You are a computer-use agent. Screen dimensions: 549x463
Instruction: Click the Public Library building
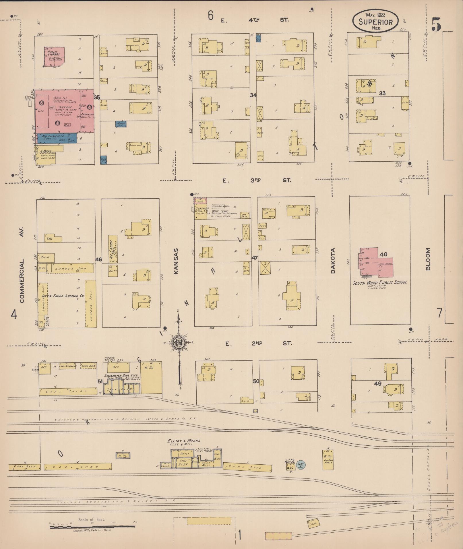pos(54,56)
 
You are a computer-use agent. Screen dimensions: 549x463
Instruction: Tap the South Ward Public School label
pos(379,282)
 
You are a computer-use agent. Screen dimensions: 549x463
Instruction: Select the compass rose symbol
pos(179,342)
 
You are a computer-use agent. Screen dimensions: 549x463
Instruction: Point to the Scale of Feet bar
pos(92,527)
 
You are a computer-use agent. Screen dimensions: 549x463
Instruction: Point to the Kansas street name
pos(176,261)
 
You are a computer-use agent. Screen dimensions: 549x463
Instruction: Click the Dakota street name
pos(333,261)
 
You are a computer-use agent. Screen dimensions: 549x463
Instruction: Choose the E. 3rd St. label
pos(257,180)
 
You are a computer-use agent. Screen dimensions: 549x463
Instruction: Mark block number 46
pos(98,259)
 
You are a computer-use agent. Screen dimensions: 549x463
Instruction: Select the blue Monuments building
pos(56,138)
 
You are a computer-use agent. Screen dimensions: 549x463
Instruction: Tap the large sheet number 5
pos(436,24)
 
